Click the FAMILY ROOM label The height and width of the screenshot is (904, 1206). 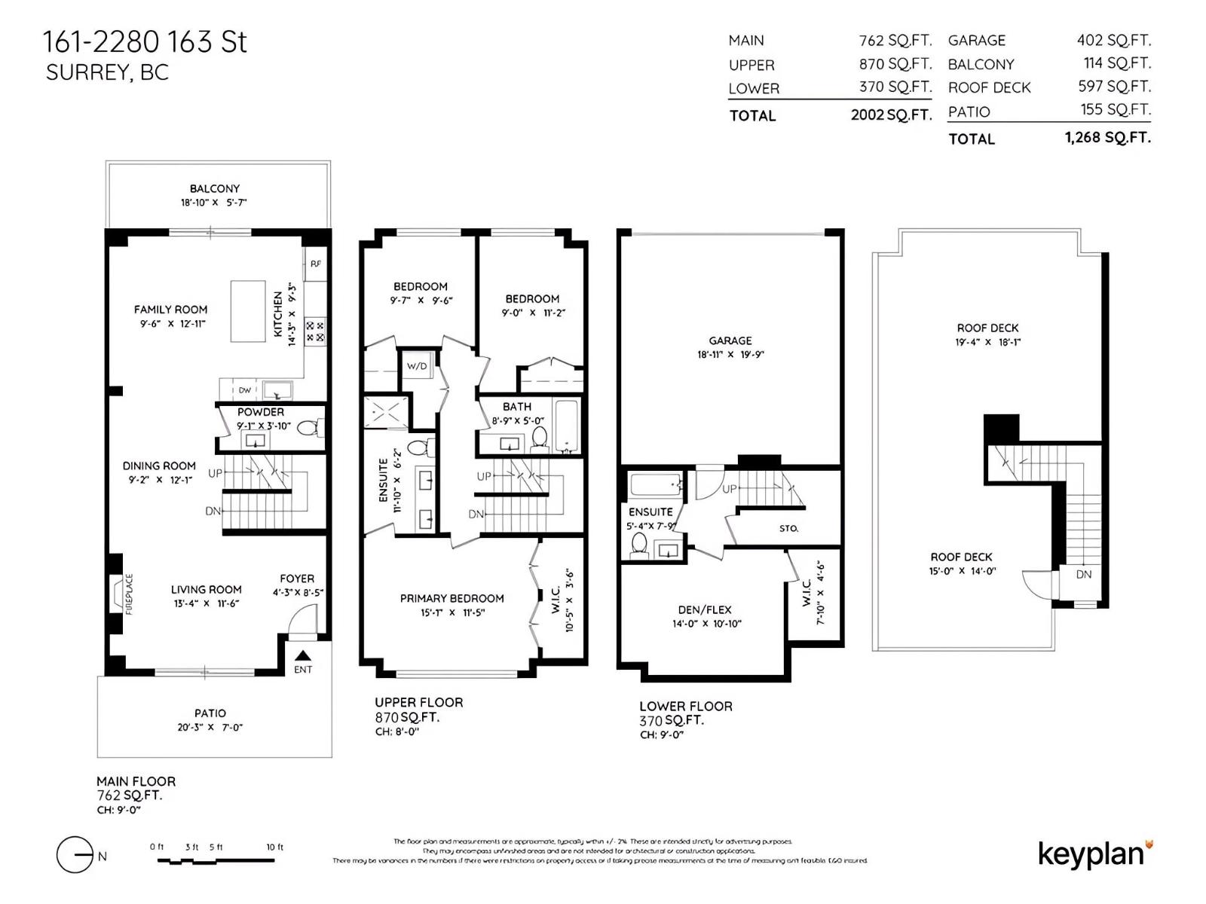click(170, 310)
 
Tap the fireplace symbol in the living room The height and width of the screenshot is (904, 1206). click(118, 594)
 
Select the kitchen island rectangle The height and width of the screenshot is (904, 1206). click(248, 311)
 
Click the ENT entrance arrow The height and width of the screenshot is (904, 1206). click(302, 656)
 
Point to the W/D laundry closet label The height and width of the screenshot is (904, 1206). click(417, 366)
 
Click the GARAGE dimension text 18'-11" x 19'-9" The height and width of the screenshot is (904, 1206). click(730, 354)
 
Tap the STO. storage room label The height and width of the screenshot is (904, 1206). click(788, 528)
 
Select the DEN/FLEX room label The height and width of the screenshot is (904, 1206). click(705, 609)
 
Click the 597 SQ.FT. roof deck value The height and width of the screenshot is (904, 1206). click(1114, 87)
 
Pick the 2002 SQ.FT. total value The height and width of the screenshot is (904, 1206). click(891, 115)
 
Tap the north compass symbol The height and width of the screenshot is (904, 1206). click(75, 855)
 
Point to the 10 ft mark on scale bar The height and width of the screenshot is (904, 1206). click(274, 847)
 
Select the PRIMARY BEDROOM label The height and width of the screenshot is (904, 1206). click(451, 598)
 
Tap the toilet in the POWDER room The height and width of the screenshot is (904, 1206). click(308, 428)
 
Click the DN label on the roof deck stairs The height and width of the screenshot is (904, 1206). click(1083, 574)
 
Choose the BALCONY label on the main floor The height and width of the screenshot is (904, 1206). click(215, 188)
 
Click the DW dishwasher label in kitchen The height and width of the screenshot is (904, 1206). click(245, 390)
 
